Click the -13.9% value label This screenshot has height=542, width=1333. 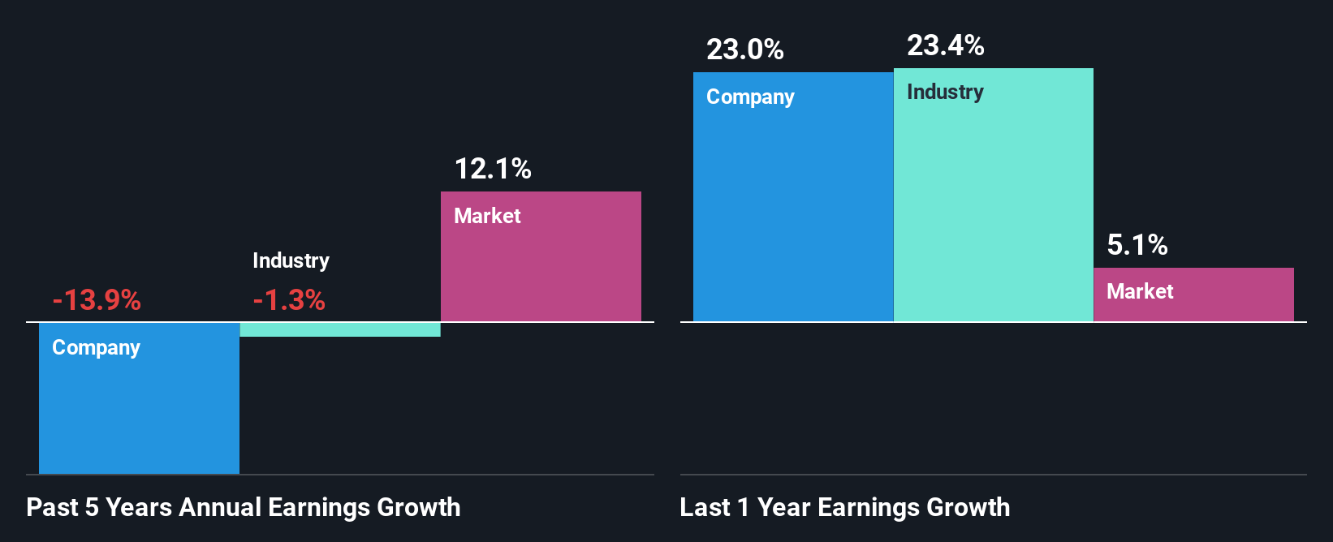97,300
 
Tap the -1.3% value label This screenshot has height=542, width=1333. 289,300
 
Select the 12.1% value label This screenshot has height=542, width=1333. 493,169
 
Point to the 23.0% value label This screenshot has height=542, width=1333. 745,49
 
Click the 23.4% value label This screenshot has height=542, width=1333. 946,45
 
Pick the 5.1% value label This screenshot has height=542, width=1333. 1137,245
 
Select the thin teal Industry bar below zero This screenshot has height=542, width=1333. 340,329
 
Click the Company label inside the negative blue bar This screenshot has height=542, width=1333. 96,347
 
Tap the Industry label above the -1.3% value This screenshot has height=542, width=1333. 291,260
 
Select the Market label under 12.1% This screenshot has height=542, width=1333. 487,216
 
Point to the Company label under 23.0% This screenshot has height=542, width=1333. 750,97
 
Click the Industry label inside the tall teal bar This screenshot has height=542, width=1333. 945,92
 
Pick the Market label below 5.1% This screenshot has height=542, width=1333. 1140,291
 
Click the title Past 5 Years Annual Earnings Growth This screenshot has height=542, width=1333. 244,507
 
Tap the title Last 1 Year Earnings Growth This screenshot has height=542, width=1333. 845,507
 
